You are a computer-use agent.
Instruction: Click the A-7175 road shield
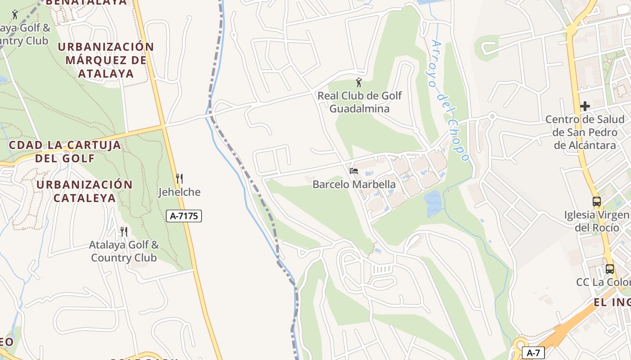tap(183, 216)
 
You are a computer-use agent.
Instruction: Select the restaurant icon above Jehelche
tap(179, 179)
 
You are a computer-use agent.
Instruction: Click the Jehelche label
tap(179, 192)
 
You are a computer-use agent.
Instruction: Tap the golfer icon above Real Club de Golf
tap(359, 82)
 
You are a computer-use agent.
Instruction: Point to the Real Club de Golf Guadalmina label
tap(359, 102)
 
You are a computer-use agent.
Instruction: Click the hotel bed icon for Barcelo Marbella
tap(354, 171)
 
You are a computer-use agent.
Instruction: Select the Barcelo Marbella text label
tap(354, 184)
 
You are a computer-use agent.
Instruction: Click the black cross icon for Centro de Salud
tap(585, 106)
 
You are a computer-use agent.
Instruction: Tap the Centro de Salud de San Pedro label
tap(585, 132)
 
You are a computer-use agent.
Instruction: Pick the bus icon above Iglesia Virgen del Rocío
tap(597, 202)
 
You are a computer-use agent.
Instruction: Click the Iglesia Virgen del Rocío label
tap(597, 221)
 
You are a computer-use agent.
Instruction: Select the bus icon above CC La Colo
tap(609, 269)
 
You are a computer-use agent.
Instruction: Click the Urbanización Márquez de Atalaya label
tap(106, 60)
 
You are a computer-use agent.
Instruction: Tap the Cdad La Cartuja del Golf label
tap(65, 152)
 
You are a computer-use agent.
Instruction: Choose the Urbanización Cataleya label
tap(84, 191)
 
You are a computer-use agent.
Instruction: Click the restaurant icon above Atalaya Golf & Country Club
tap(123, 232)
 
